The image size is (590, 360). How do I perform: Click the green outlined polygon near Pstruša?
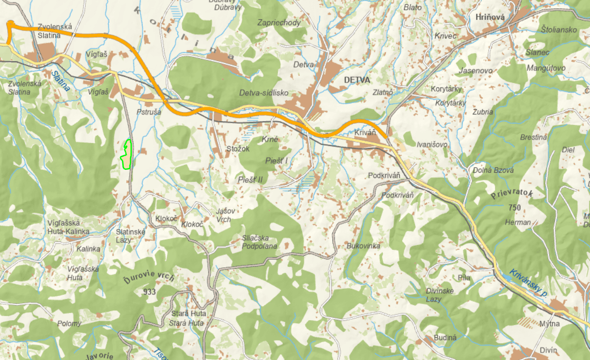pyautogui.click(x=126, y=155)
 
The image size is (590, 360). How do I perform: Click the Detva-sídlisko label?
pyautogui.click(x=263, y=93)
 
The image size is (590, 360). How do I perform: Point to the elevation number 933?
pyautogui.click(x=149, y=292)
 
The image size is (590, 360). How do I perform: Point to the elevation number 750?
pyautogui.click(x=516, y=208)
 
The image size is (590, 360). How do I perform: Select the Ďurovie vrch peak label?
pyautogui.click(x=148, y=278)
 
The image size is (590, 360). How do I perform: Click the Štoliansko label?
pyautogui.click(x=559, y=30)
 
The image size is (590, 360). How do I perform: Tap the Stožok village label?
pyautogui.click(x=238, y=148)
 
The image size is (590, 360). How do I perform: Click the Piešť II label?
pyautogui.click(x=250, y=180)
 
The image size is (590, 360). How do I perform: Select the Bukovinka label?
pyautogui.click(x=363, y=246)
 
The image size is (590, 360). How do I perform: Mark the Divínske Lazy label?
pyautogui.click(x=440, y=295)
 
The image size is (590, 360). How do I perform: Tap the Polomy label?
pyautogui.click(x=69, y=323)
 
